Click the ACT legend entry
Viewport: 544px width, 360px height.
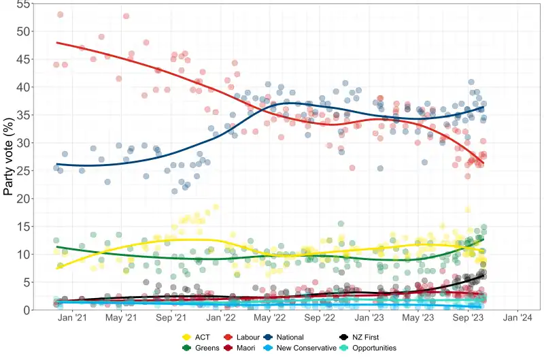[202, 337]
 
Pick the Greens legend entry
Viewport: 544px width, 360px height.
[205, 348]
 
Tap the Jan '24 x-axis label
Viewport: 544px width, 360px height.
[517, 318]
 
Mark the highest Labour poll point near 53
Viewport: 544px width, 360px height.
[60, 14]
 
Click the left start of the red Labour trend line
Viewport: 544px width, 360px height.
[57, 42]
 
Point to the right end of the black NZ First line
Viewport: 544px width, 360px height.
[483, 274]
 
